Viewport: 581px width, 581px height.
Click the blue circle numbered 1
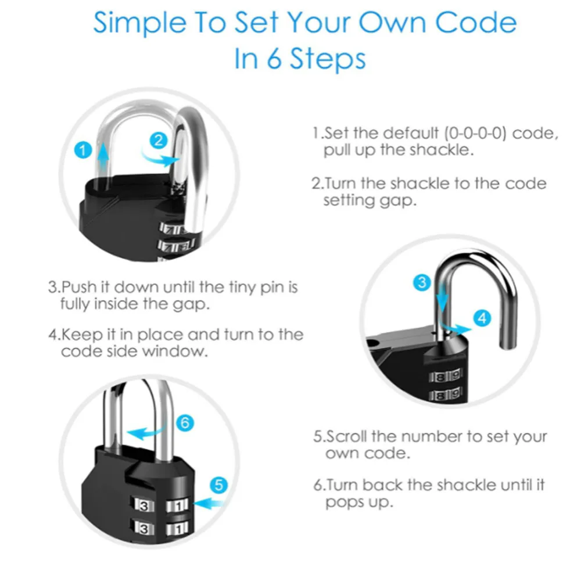point(83,150)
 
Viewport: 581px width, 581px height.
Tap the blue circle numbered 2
point(159,141)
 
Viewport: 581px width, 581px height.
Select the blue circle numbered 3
point(422,283)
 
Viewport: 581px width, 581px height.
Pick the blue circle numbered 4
point(482,318)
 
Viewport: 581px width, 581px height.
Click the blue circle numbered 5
point(218,485)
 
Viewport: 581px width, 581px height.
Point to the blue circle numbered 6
point(185,423)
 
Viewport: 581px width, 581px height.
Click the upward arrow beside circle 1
point(103,158)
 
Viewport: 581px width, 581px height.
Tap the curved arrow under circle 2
point(160,159)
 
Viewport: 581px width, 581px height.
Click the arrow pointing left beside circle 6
point(146,432)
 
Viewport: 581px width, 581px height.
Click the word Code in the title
point(475,23)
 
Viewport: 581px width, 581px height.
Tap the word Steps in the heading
point(328,59)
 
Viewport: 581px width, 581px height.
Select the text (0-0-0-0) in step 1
point(475,132)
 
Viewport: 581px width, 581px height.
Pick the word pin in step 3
point(272,288)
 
